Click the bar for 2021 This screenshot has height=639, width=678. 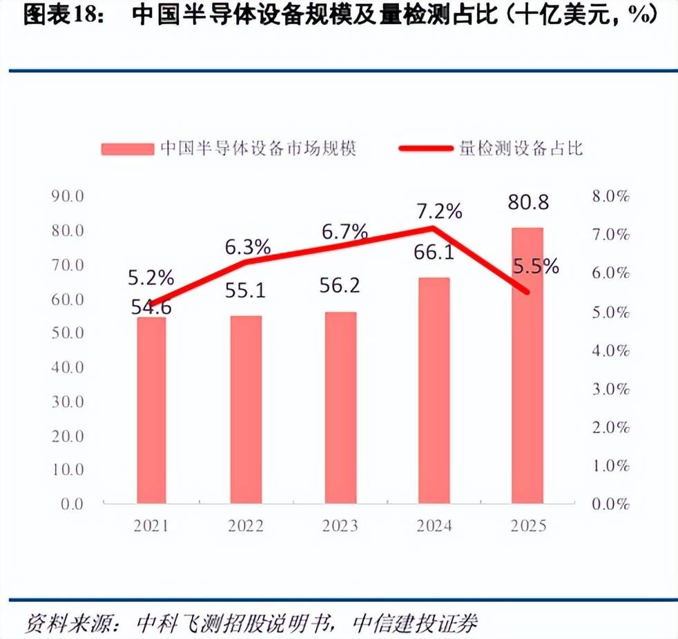[151, 410]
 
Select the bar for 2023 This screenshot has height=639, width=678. [341, 407]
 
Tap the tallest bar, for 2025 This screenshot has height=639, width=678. [527, 366]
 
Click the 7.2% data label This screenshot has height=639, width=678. [439, 211]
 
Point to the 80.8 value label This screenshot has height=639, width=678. [528, 202]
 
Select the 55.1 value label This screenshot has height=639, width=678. [245, 291]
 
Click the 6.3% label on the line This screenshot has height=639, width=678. [248, 247]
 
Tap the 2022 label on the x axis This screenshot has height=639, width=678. [246, 526]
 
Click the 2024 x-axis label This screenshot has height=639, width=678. [434, 526]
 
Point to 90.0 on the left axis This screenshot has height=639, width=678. [68, 196]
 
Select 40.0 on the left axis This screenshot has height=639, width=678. [68, 367]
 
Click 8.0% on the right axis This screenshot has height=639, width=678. [610, 196]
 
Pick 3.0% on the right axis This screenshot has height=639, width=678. [610, 389]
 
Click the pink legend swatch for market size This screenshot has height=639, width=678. [128, 149]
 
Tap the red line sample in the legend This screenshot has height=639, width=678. [426, 148]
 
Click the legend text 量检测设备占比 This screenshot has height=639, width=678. [521, 148]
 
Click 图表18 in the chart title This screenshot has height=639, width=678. [59, 14]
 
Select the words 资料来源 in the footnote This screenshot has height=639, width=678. [68, 622]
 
